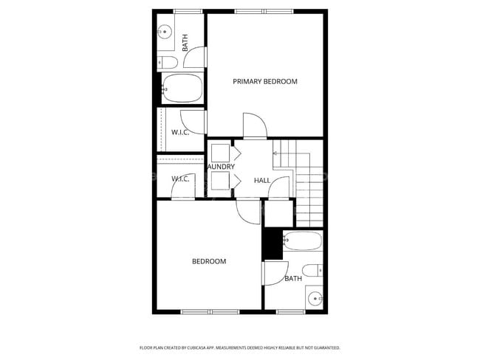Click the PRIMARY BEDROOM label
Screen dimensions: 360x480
point(265,81)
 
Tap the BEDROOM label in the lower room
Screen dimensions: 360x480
point(209,261)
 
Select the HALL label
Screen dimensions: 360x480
point(262,180)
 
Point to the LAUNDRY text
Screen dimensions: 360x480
point(221,167)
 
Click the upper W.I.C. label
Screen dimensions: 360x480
point(180,132)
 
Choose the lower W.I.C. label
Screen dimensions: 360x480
point(180,179)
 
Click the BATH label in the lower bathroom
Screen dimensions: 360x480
point(293,278)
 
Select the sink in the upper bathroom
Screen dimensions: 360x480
point(165,32)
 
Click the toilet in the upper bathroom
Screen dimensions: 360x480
point(167,62)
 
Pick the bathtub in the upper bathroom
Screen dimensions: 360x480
point(182,88)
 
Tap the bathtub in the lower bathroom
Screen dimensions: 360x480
point(303,241)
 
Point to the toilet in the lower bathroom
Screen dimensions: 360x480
point(313,270)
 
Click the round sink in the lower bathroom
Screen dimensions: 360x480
point(315,299)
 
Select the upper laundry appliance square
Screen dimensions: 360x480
point(220,153)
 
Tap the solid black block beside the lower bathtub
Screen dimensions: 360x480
point(273,244)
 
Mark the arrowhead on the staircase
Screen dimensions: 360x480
point(275,153)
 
